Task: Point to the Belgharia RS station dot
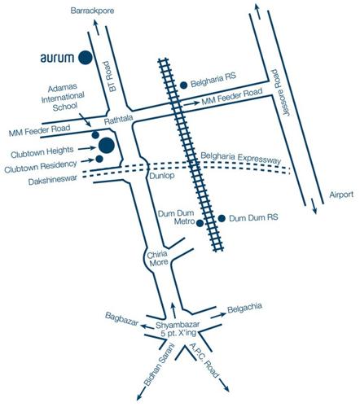[x=184, y=84]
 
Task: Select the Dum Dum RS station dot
[x=221, y=218]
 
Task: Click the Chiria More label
[x=157, y=261]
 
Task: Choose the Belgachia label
[x=248, y=309]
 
